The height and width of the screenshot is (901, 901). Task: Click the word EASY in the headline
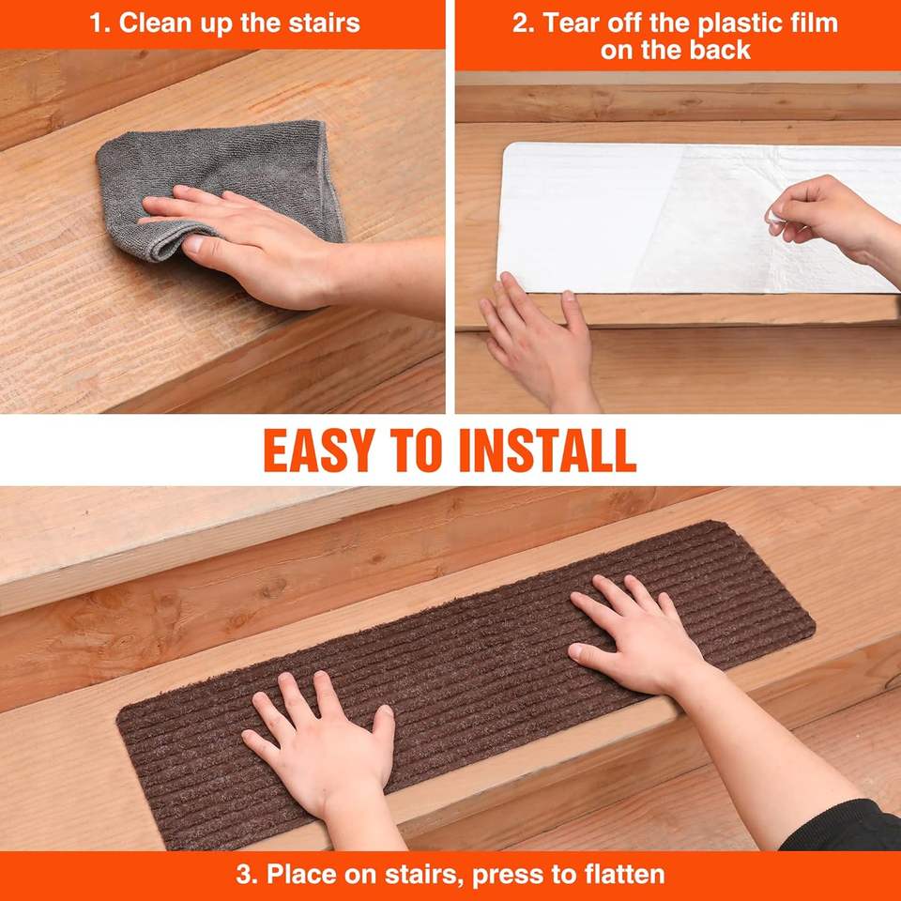(x=319, y=450)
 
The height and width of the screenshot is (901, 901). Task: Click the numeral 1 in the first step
(x=97, y=23)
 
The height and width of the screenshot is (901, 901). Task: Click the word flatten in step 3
(x=624, y=875)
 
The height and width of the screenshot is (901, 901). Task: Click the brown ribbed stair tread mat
(x=466, y=684)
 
